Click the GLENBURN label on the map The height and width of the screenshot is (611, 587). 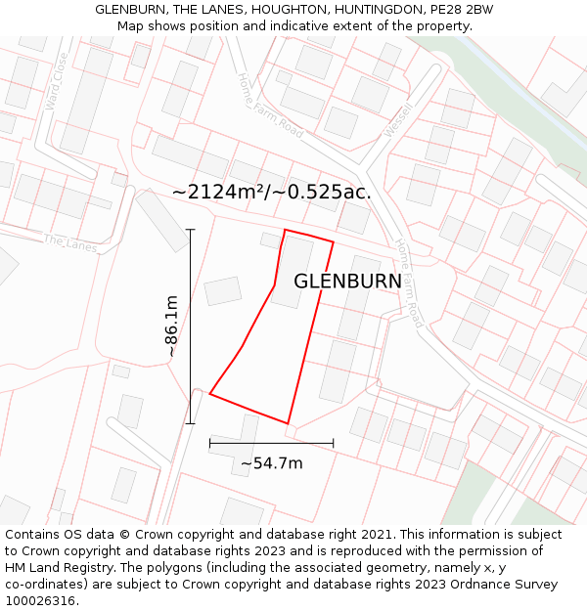pyautogui.click(x=347, y=282)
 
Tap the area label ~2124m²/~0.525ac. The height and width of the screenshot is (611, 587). pyautogui.click(x=271, y=192)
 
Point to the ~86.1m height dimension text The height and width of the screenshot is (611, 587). pyautogui.click(x=171, y=326)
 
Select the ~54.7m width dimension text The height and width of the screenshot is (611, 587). pyautogui.click(x=271, y=463)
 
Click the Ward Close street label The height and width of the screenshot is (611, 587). pyautogui.click(x=55, y=80)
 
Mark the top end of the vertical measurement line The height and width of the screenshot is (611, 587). pyautogui.click(x=190, y=230)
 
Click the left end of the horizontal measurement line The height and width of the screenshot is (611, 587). pyautogui.click(x=210, y=443)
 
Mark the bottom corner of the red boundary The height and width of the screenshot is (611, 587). pyautogui.click(x=288, y=423)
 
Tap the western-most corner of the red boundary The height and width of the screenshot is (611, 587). pyautogui.click(x=210, y=394)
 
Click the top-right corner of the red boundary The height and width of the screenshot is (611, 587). pyautogui.click(x=334, y=241)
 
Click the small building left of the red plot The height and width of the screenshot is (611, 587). pyautogui.click(x=223, y=290)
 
